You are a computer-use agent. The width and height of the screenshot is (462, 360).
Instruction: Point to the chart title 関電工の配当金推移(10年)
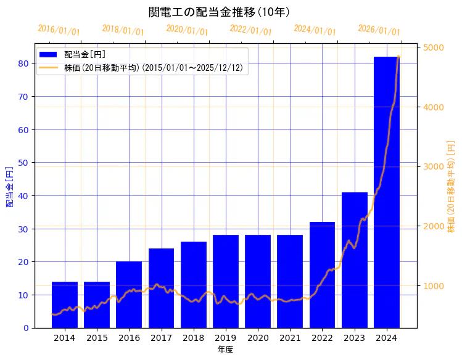[219, 12]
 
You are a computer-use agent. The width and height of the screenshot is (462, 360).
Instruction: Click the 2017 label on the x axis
[161, 338]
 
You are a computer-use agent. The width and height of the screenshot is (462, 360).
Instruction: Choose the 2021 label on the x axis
[290, 338]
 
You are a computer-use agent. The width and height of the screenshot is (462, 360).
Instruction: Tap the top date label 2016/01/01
[59, 30]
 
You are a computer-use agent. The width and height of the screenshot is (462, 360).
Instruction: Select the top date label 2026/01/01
[379, 30]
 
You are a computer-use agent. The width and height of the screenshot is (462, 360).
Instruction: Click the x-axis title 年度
[225, 350]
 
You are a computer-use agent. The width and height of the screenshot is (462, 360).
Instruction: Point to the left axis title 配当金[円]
[10, 186]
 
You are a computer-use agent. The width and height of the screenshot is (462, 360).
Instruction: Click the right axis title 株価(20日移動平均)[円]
[451, 186]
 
